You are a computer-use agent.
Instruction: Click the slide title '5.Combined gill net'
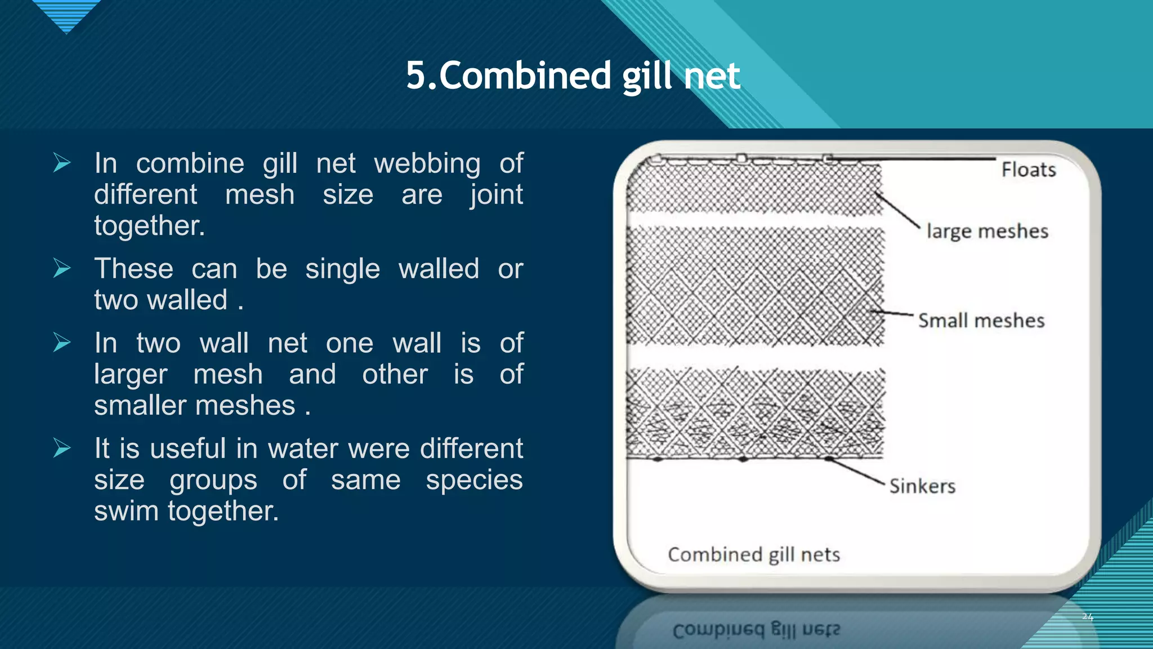(573, 75)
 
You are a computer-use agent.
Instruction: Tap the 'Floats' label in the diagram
(1028, 170)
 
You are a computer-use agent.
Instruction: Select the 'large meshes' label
(987, 231)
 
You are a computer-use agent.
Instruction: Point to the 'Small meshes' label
(981, 321)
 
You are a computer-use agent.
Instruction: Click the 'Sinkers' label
(922, 486)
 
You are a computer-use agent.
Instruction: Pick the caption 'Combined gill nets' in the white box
(753, 555)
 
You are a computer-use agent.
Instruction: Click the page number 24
(1087, 617)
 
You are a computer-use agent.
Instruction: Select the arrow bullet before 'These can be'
(62, 268)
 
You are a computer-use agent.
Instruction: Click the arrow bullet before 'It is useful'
(62, 448)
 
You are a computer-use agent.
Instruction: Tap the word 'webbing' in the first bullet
(427, 163)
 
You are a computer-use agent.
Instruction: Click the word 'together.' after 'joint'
(149, 225)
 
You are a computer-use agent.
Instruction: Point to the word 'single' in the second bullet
(342, 269)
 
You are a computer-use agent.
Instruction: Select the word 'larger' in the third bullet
(131, 375)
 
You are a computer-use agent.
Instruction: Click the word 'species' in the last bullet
(474, 480)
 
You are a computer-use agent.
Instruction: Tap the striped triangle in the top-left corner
(66, 15)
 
